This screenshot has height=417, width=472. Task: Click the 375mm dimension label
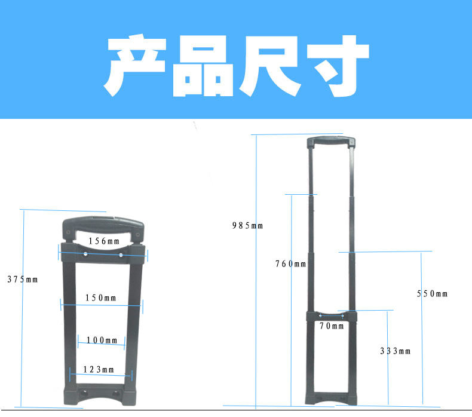pos(23,280)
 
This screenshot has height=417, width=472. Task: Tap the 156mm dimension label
pos(104,241)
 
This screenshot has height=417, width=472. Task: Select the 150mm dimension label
pos(100,298)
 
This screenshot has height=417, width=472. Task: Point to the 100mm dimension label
pos(102,340)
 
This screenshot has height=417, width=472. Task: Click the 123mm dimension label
pos(99,369)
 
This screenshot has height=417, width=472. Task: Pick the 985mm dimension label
pos(247,225)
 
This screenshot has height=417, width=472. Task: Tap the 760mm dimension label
pos(290,263)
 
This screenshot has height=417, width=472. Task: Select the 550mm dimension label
pos(432,293)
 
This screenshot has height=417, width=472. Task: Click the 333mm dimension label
pos(396,351)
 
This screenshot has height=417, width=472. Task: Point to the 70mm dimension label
pos(332,326)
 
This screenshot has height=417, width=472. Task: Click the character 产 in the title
pos(135,65)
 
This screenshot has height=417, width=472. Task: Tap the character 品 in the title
pos(203,66)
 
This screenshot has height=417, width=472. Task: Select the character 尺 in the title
pos(270,66)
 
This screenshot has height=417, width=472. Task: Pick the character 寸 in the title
pos(338,66)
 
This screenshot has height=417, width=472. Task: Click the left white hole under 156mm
pos(85,254)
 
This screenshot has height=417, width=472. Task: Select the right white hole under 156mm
pos(121,255)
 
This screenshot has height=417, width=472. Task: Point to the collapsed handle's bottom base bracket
pos(100,394)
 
